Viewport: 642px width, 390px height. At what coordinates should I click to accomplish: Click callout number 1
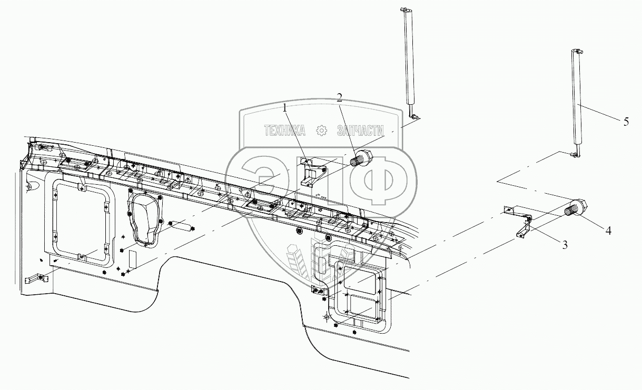pyautogui.click(x=285, y=108)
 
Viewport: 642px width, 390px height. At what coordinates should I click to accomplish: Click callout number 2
pyautogui.click(x=339, y=97)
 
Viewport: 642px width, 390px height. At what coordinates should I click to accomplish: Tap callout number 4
pyautogui.click(x=608, y=230)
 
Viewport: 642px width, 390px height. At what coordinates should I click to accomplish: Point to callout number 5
pyautogui.click(x=626, y=122)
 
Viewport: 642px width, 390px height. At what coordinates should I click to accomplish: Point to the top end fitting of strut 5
pyautogui.click(x=575, y=52)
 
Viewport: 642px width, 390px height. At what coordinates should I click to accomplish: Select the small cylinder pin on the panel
pyautogui.click(x=182, y=227)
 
